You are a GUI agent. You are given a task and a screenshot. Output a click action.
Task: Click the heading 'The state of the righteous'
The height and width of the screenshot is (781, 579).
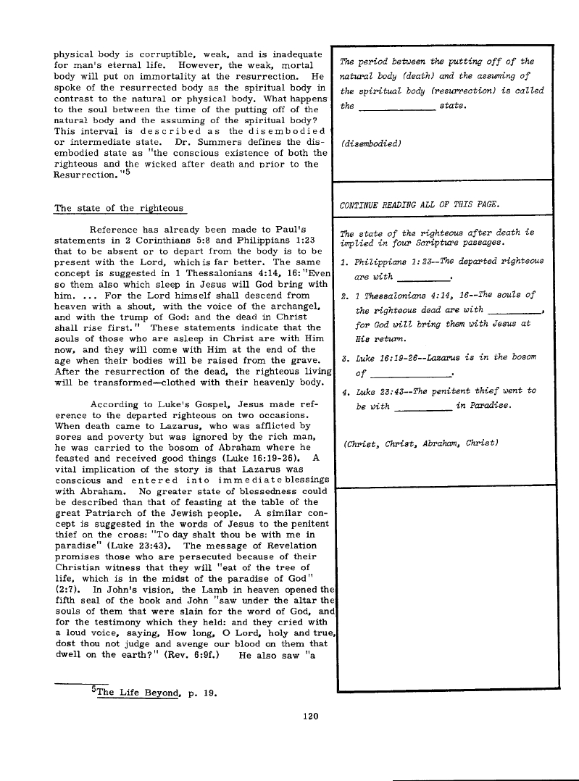(120, 209)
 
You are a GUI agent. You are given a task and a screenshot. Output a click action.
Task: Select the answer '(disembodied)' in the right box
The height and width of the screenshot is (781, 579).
(370, 143)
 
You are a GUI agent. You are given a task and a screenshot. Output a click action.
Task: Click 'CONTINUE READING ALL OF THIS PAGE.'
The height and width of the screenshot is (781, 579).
(420, 204)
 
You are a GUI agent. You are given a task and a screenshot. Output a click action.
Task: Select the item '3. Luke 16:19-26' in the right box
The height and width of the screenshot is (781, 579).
(385, 359)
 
